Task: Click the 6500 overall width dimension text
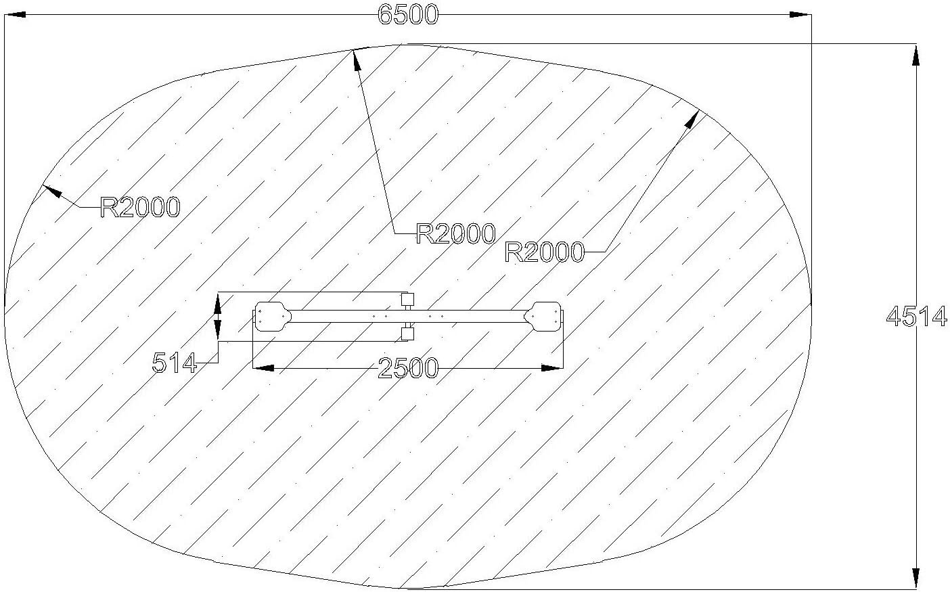click(x=408, y=15)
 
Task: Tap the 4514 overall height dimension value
click(x=916, y=317)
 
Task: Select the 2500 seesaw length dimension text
click(x=407, y=367)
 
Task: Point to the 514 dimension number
click(x=175, y=363)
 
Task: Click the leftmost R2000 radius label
click(x=140, y=208)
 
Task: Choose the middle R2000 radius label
click(x=455, y=233)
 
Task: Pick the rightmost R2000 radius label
click(x=545, y=252)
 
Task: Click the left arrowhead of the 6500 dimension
click(x=15, y=15)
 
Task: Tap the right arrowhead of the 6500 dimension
click(x=800, y=15)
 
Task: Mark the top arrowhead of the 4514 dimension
click(x=916, y=55)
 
